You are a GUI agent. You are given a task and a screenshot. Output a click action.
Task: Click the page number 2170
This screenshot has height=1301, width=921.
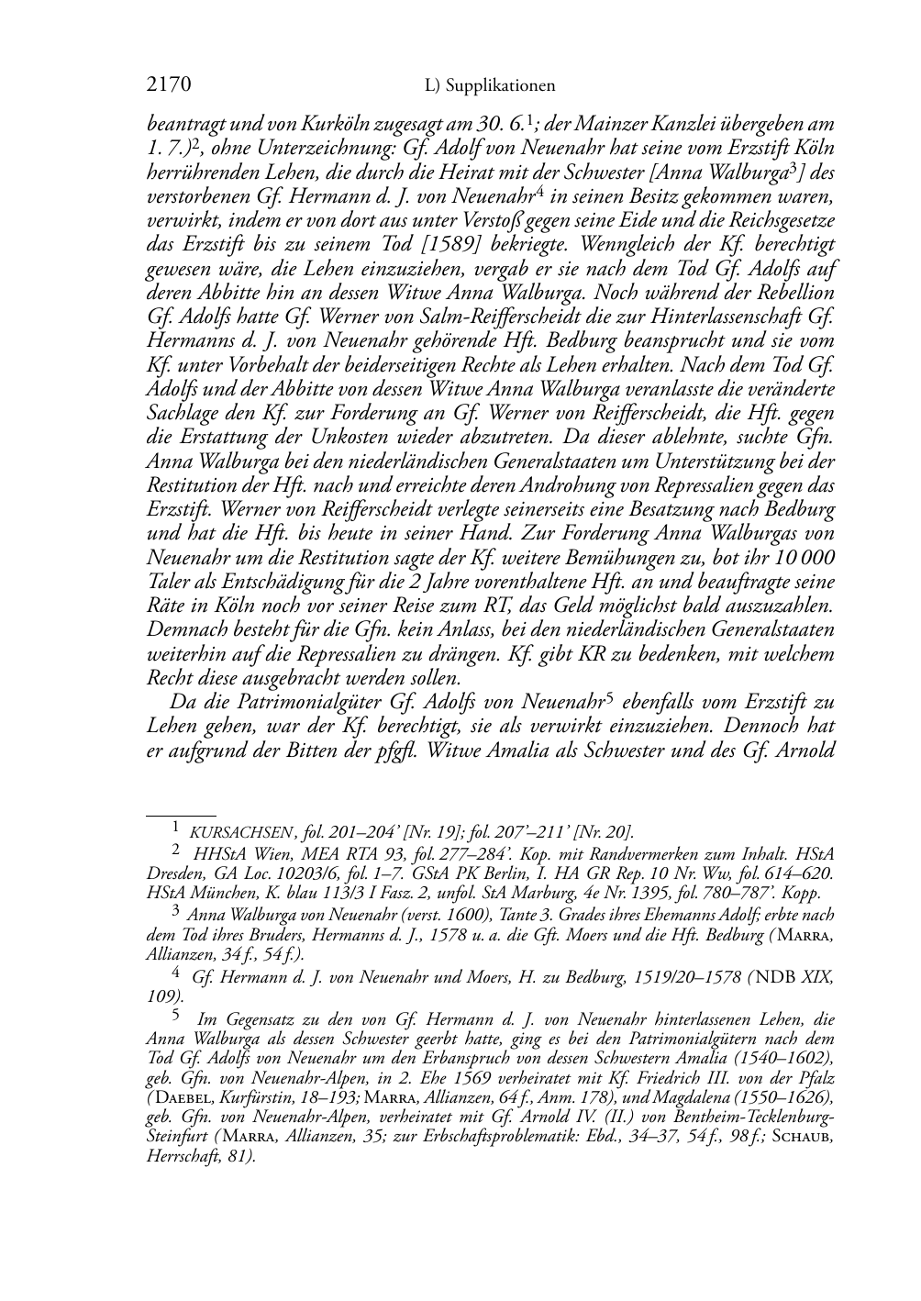tap(168, 86)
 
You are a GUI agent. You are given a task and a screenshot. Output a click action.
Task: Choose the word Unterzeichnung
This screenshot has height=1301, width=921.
tap(317, 149)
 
